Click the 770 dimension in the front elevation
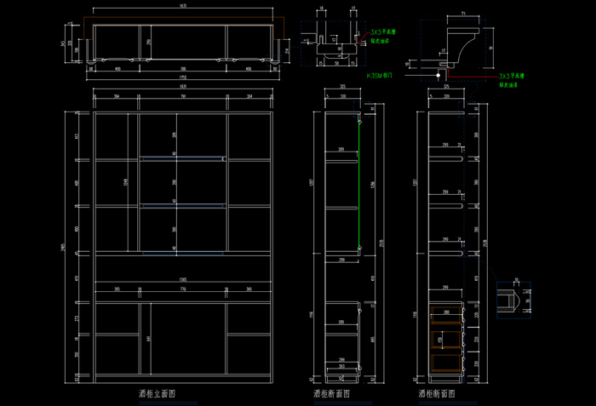pos(182,289)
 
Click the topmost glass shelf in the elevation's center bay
pos(182,159)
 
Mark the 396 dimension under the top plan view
pos(183,69)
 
